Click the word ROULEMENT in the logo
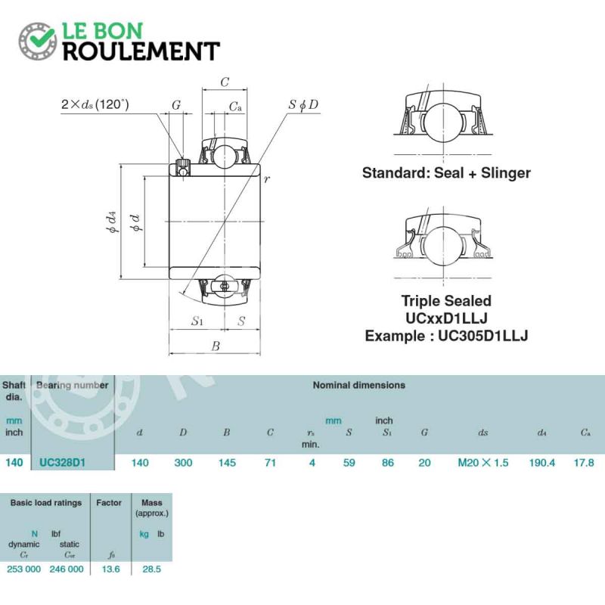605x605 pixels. [x=141, y=51]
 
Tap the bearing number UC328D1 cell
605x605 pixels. [x=62, y=462]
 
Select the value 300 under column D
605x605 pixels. [x=183, y=462]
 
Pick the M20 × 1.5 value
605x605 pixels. [x=482, y=462]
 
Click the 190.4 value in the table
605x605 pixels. [x=541, y=462]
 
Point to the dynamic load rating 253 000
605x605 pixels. [x=24, y=569]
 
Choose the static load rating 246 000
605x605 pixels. [x=67, y=569]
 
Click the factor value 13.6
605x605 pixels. [x=110, y=569]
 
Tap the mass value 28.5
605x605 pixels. [x=152, y=569]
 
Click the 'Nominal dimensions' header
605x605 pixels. [x=358, y=385]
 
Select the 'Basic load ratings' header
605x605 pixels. [x=46, y=503]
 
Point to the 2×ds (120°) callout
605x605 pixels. [x=95, y=104]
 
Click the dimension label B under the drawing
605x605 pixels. [x=216, y=346]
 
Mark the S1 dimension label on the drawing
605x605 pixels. [x=197, y=321]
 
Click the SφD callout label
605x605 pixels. [x=303, y=104]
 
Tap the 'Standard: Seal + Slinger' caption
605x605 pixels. [x=446, y=173]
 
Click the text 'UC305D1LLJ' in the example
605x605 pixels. [x=482, y=336]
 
